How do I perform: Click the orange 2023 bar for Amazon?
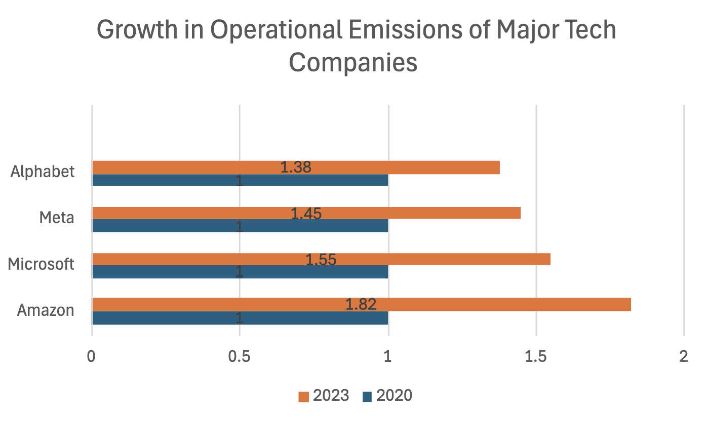pos(506,305)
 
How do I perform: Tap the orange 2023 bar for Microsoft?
pos(456,259)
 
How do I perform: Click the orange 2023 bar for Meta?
pos(430,213)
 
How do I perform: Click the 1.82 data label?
pos(361,304)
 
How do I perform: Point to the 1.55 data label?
pos(321,259)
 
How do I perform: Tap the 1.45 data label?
pos(306,214)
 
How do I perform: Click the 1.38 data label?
pos(295,167)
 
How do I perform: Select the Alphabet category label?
pos(43,172)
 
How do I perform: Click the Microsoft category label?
pos(42,264)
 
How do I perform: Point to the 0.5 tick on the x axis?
pos(240,356)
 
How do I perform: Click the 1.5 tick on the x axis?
pos(536,356)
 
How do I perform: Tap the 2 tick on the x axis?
pos(684,356)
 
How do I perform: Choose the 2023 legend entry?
pos(324,395)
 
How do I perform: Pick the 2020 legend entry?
pos(387,395)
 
